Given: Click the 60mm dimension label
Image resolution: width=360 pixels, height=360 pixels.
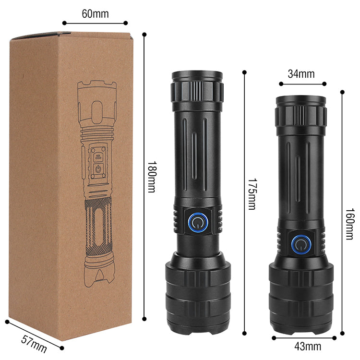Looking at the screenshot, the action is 95,14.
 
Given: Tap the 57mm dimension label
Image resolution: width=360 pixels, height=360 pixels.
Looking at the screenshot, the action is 34,344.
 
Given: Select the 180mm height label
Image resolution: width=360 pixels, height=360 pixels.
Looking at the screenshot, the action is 152,177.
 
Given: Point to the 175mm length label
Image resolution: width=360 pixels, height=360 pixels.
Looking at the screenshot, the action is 252,194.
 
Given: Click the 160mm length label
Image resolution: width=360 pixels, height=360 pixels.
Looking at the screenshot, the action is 350,224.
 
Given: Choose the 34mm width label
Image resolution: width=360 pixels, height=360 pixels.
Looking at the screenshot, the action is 301,74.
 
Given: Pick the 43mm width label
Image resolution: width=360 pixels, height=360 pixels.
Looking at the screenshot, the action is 308,347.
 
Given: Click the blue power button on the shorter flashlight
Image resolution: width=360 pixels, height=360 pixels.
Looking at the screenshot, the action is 301,244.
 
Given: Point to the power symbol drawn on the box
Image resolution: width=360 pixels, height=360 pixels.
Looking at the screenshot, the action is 98,169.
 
